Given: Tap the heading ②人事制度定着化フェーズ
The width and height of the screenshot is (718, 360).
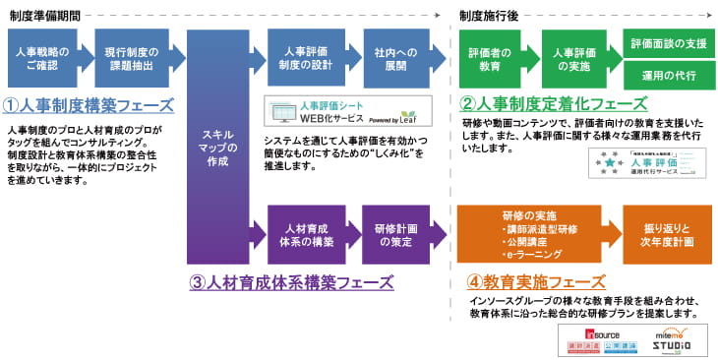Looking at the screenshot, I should [555, 103].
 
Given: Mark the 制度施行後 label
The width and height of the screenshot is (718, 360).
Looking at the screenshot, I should [490, 14].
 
